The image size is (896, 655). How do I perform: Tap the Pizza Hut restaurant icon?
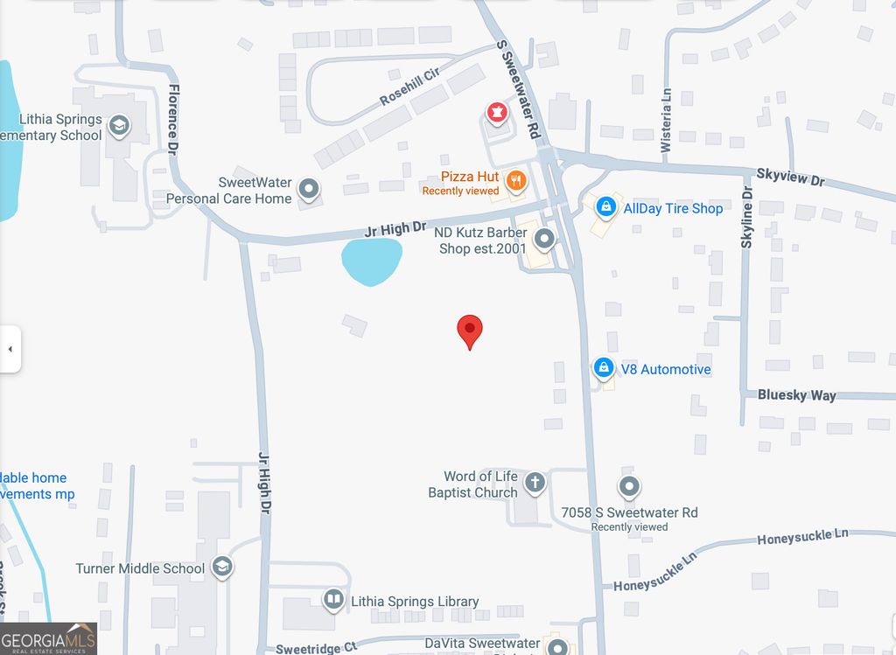516,181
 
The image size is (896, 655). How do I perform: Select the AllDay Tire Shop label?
673,208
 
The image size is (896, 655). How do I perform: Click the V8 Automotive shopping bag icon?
603,369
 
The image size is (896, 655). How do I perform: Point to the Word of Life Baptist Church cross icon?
534,482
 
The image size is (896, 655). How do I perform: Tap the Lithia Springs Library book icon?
332,600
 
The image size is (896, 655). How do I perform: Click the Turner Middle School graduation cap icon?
222,568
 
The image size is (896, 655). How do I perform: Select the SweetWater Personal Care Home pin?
308,188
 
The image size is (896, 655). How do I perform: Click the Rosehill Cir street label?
408,85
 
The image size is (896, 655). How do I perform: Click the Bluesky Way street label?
796,395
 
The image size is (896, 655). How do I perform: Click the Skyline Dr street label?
746,217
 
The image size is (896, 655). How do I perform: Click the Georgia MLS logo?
48,638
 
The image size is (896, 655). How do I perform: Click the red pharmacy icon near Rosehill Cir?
497,112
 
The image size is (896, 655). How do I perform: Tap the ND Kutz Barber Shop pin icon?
544,238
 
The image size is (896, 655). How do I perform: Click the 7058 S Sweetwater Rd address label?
630,512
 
